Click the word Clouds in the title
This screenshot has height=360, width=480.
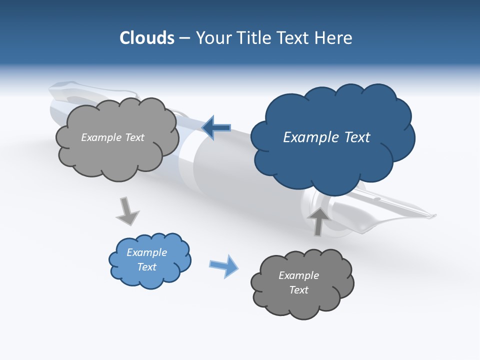point(147,38)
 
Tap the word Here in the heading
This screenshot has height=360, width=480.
point(334,38)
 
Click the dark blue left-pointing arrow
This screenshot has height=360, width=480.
point(216,128)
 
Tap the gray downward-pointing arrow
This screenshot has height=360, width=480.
point(127,210)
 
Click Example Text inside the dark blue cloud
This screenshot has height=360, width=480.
point(326,137)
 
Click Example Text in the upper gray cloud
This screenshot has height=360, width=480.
point(112,137)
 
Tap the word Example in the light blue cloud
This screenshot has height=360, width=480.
point(146,252)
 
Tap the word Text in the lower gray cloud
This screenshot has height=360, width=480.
point(298,290)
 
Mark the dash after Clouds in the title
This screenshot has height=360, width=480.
point(184,38)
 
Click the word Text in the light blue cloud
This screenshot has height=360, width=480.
point(146,267)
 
